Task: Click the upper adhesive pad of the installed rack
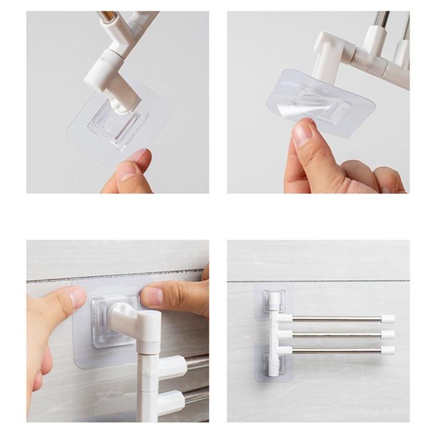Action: (x=273, y=300)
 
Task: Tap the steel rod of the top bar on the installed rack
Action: (x=337, y=319)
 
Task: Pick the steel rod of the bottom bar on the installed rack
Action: (x=337, y=350)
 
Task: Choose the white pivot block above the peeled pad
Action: (x=327, y=53)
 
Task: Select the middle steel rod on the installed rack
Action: (x=337, y=335)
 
